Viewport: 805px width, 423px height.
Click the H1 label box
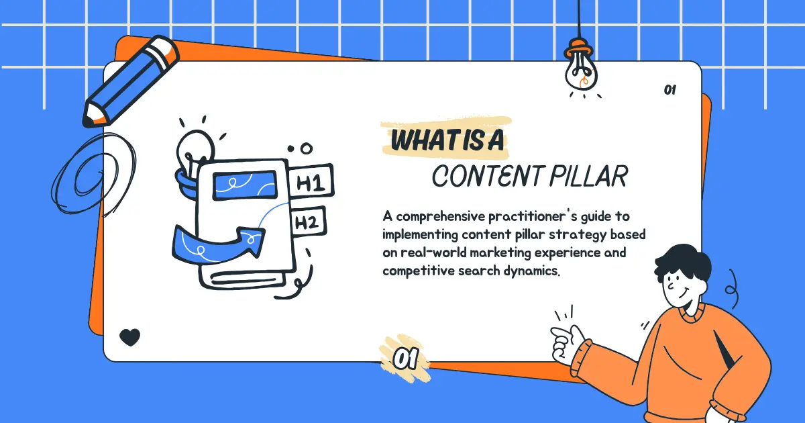point(310,182)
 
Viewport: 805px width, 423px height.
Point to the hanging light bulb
point(581,72)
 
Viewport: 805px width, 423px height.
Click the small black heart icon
point(129,336)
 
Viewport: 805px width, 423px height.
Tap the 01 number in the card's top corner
point(669,90)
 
